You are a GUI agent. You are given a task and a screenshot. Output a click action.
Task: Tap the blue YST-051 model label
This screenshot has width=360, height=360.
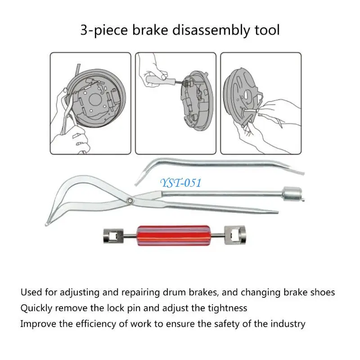180,182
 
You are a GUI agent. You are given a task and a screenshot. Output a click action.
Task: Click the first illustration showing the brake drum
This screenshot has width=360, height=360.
90,103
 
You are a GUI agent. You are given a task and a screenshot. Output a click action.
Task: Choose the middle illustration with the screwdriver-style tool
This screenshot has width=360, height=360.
176,103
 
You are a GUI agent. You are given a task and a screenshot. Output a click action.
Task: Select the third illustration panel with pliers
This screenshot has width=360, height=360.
261,103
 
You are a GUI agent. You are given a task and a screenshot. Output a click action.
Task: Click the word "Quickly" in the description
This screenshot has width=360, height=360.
37,308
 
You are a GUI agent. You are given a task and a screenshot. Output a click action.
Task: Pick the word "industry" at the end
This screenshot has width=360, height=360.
288,324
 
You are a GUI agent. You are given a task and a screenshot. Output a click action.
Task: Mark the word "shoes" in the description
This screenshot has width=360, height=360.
322,292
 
